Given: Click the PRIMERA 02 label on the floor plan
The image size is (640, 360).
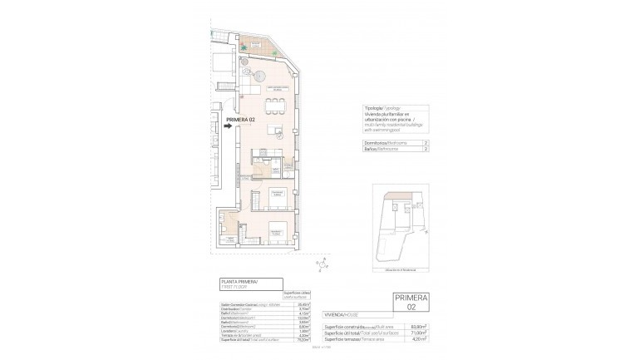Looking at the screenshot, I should [241, 120].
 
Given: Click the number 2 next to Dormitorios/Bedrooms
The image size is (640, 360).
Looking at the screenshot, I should [426, 143].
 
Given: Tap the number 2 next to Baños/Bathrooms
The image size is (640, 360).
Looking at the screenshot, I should [426, 150].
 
